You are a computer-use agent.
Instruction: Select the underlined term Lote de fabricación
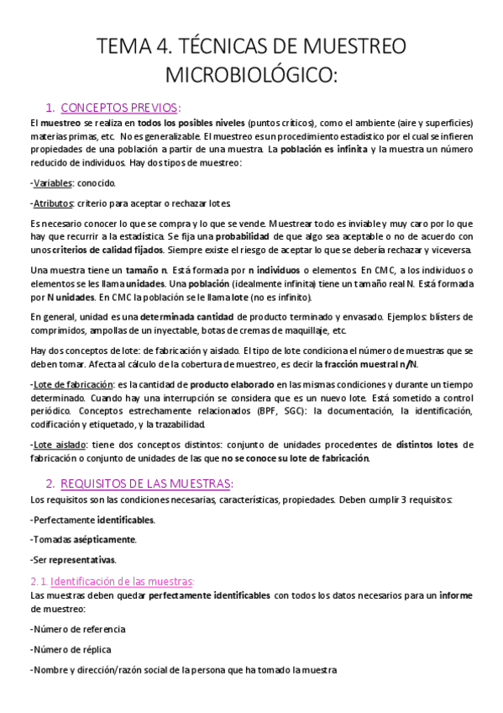pos(70,383)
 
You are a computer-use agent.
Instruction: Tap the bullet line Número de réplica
pos(71,649)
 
